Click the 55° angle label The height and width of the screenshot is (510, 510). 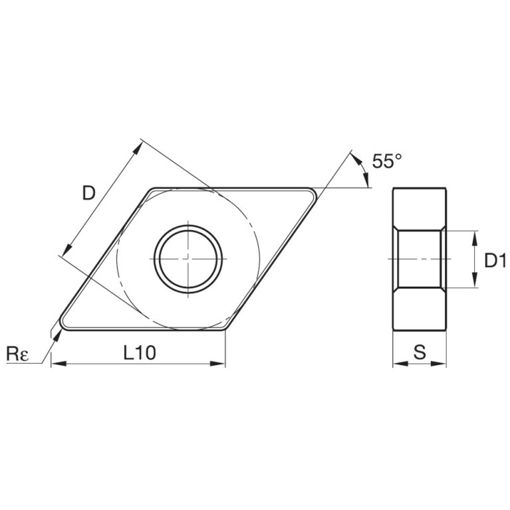click(x=387, y=161)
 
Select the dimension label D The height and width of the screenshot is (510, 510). click(x=88, y=193)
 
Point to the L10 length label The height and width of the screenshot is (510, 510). click(x=140, y=353)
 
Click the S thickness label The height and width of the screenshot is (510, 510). click(x=420, y=353)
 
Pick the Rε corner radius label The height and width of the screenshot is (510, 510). click(x=17, y=354)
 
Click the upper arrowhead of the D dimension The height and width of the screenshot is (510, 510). click(x=138, y=146)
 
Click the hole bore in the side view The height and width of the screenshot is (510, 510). click(x=420, y=259)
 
